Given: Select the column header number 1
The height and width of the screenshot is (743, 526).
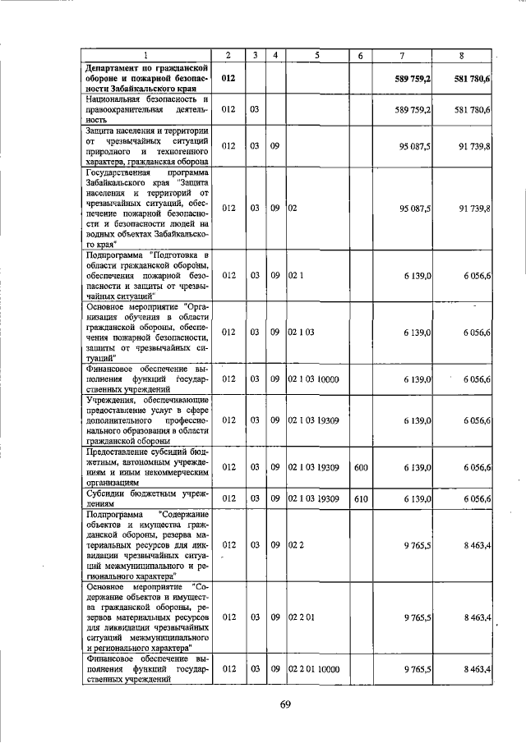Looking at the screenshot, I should pos(145,55).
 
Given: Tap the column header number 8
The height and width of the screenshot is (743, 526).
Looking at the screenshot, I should pos(462,55).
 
